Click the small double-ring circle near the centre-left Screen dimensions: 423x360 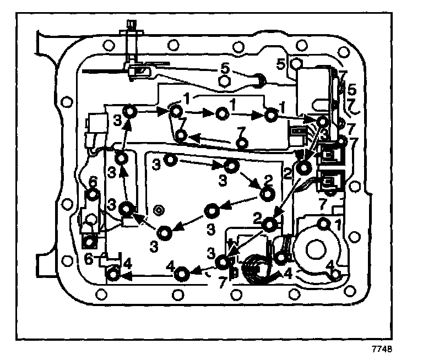(159, 210)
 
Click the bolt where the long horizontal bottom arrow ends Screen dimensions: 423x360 (113, 274)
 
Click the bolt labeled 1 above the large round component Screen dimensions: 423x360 (324, 223)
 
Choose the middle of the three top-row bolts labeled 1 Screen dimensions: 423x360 (221, 114)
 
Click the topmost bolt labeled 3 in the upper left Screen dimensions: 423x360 (130, 112)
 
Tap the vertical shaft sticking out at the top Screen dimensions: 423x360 (131, 41)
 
